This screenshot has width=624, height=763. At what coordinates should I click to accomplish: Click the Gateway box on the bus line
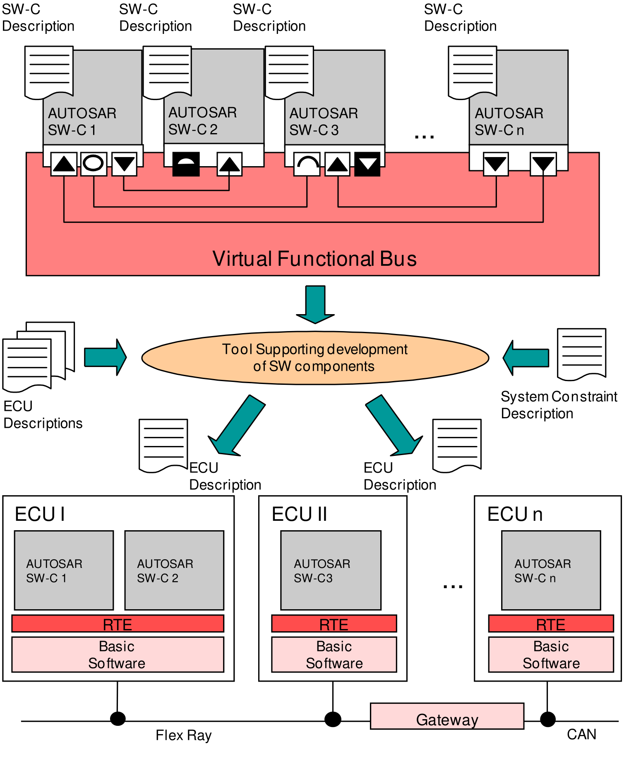pyautogui.click(x=447, y=716)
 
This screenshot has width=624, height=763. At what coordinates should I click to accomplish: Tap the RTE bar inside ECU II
pyautogui.click(x=334, y=624)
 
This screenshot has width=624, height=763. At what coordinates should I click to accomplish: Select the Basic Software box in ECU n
pyautogui.click(x=551, y=655)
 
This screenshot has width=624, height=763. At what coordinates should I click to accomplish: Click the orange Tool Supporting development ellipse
pyautogui.click(x=315, y=358)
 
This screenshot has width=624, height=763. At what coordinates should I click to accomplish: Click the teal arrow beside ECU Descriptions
pyautogui.click(x=106, y=357)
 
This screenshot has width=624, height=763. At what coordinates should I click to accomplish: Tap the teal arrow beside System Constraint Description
pyautogui.click(x=526, y=358)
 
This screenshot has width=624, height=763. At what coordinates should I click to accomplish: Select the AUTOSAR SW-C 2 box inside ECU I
pyautogui.click(x=174, y=570)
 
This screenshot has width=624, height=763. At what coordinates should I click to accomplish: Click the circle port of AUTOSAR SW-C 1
pyautogui.click(x=94, y=164)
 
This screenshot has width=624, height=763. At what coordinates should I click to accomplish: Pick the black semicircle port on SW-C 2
pyautogui.click(x=186, y=164)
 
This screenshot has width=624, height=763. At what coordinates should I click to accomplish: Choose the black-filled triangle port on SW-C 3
pyautogui.click(x=367, y=164)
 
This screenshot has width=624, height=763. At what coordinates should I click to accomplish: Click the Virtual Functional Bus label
pyautogui.click(x=314, y=259)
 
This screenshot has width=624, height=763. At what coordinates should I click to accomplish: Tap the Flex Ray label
pyautogui.click(x=184, y=735)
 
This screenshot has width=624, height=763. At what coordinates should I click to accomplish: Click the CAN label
pyautogui.click(x=581, y=734)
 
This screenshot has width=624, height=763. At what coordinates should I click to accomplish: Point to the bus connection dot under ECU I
pyautogui.click(x=118, y=719)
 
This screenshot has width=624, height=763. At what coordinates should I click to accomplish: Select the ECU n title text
pyautogui.click(x=515, y=514)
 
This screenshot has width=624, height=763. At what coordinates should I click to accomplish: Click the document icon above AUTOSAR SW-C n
pyautogui.click(x=473, y=73)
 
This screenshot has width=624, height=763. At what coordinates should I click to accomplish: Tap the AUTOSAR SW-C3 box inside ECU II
pyautogui.click(x=331, y=570)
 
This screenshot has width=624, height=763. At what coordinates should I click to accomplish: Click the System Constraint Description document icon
pyautogui.click(x=581, y=354)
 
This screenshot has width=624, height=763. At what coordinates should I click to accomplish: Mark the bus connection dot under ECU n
pyautogui.click(x=548, y=719)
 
